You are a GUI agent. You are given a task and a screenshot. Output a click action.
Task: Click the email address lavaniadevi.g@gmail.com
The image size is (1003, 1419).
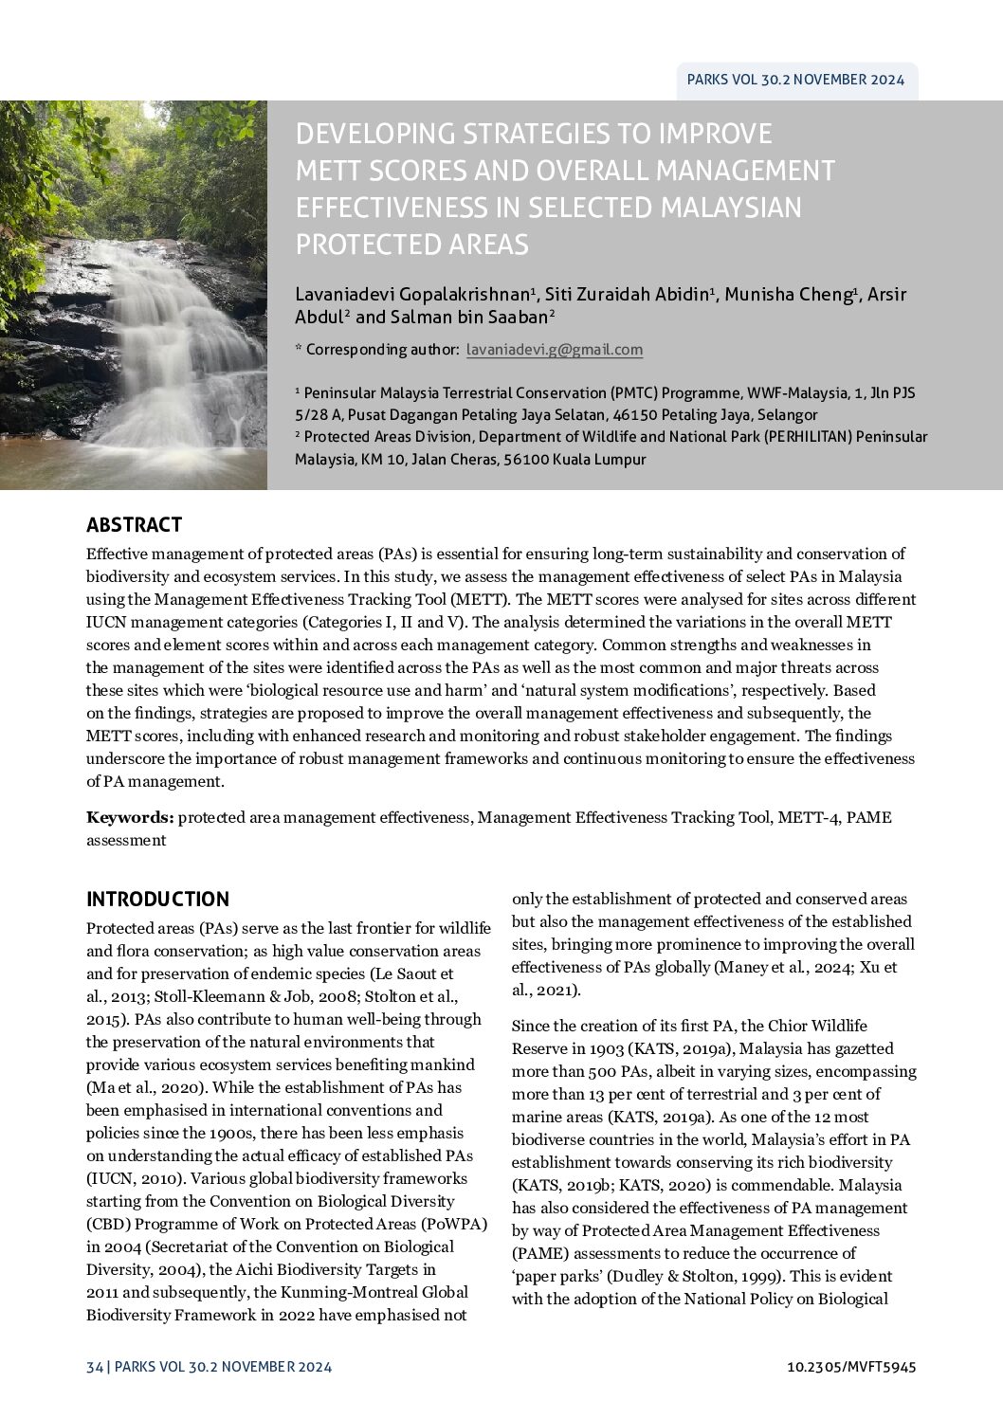[555, 350]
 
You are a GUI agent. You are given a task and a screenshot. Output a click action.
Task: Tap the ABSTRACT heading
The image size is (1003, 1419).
[134, 525]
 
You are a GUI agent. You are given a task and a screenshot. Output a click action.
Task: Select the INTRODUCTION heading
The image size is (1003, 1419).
[157, 900]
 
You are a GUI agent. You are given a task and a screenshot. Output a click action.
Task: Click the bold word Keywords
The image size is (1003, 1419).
[130, 817]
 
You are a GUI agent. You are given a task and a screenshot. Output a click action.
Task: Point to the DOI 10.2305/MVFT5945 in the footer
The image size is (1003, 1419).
[851, 1367]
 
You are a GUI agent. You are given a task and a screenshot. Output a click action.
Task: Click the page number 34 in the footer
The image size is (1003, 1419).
[94, 1367]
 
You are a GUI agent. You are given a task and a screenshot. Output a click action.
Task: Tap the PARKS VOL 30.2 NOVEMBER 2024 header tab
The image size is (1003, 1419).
[795, 80]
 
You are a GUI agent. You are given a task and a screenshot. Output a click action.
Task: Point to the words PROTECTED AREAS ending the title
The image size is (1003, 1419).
[411, 245]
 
